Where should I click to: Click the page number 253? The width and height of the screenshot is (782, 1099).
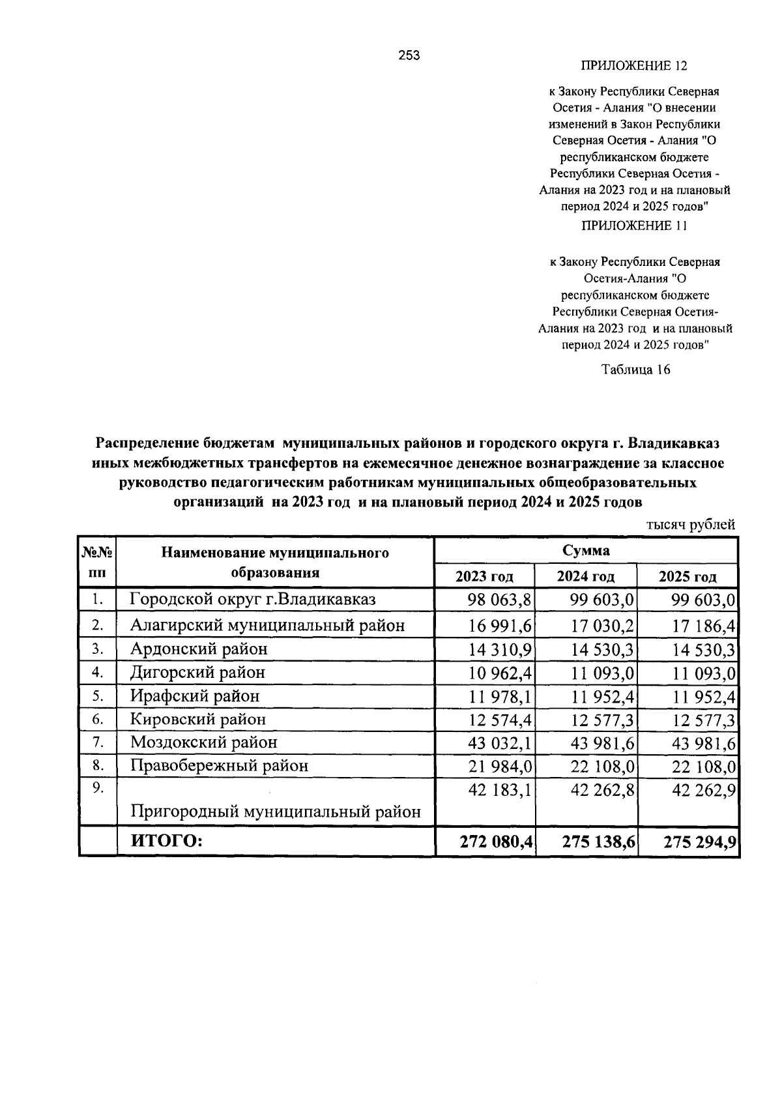(409, 56)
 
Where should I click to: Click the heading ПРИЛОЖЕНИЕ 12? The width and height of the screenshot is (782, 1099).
(633, 66)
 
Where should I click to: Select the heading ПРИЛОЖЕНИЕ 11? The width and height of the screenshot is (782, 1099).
(633, 226)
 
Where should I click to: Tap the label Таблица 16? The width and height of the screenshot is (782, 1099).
(635, 370)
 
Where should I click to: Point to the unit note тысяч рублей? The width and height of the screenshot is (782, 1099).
(691, 524)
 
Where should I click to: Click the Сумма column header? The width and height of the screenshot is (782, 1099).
(586, 551)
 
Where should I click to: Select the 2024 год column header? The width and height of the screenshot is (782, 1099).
(586, 576)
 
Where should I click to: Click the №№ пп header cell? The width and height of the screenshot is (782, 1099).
(97, 563)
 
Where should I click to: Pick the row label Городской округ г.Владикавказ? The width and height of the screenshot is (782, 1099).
(252, 599)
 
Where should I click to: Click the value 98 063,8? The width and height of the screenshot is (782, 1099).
(500, 599)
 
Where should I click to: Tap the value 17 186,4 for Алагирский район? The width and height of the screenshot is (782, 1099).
(704, 626)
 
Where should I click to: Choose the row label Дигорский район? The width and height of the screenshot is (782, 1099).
(197, 672)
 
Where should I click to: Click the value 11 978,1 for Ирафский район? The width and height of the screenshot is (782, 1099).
(500, 696)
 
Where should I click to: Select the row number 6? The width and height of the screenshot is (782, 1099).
(98, 719)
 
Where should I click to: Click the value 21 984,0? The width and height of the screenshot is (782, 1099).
(500, 766)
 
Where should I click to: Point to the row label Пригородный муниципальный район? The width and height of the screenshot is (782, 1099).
(275, 812)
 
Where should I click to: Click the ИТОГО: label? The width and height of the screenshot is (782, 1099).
(167, 842)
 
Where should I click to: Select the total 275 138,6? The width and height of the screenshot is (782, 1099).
(598, 842)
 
